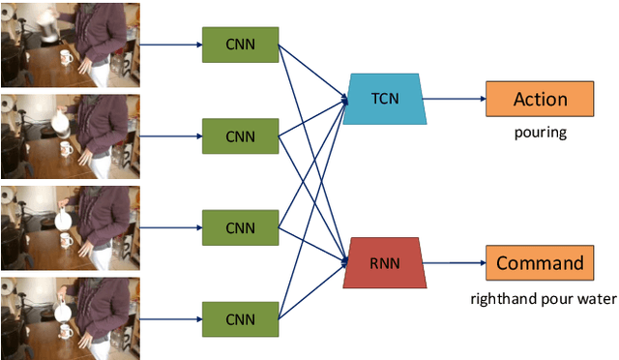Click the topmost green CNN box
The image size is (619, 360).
click(x=240, y=45)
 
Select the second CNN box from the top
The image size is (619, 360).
click(x=240, y=135)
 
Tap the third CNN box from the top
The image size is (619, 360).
click(x=240, y=227)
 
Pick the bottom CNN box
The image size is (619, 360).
click(x=240, y=317)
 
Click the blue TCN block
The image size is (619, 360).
click(x=384, y=99)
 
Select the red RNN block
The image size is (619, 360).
click(x=385, y=261)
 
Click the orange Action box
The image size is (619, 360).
click(x=539, y=99)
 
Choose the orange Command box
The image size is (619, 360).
click(x=539, y=262)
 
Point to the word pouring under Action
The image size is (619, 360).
click(x=539, y=133)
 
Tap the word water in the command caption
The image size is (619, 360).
click(x=594, y=299)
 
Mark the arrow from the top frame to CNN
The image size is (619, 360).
click(x=170, y=45)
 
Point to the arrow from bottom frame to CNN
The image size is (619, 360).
click(x=170, y=317)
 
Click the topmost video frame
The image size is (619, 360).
click(x=70, y=45)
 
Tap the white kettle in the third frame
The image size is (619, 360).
click(x=63, y=218)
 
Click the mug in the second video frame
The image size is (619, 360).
click(x=66, y=149)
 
